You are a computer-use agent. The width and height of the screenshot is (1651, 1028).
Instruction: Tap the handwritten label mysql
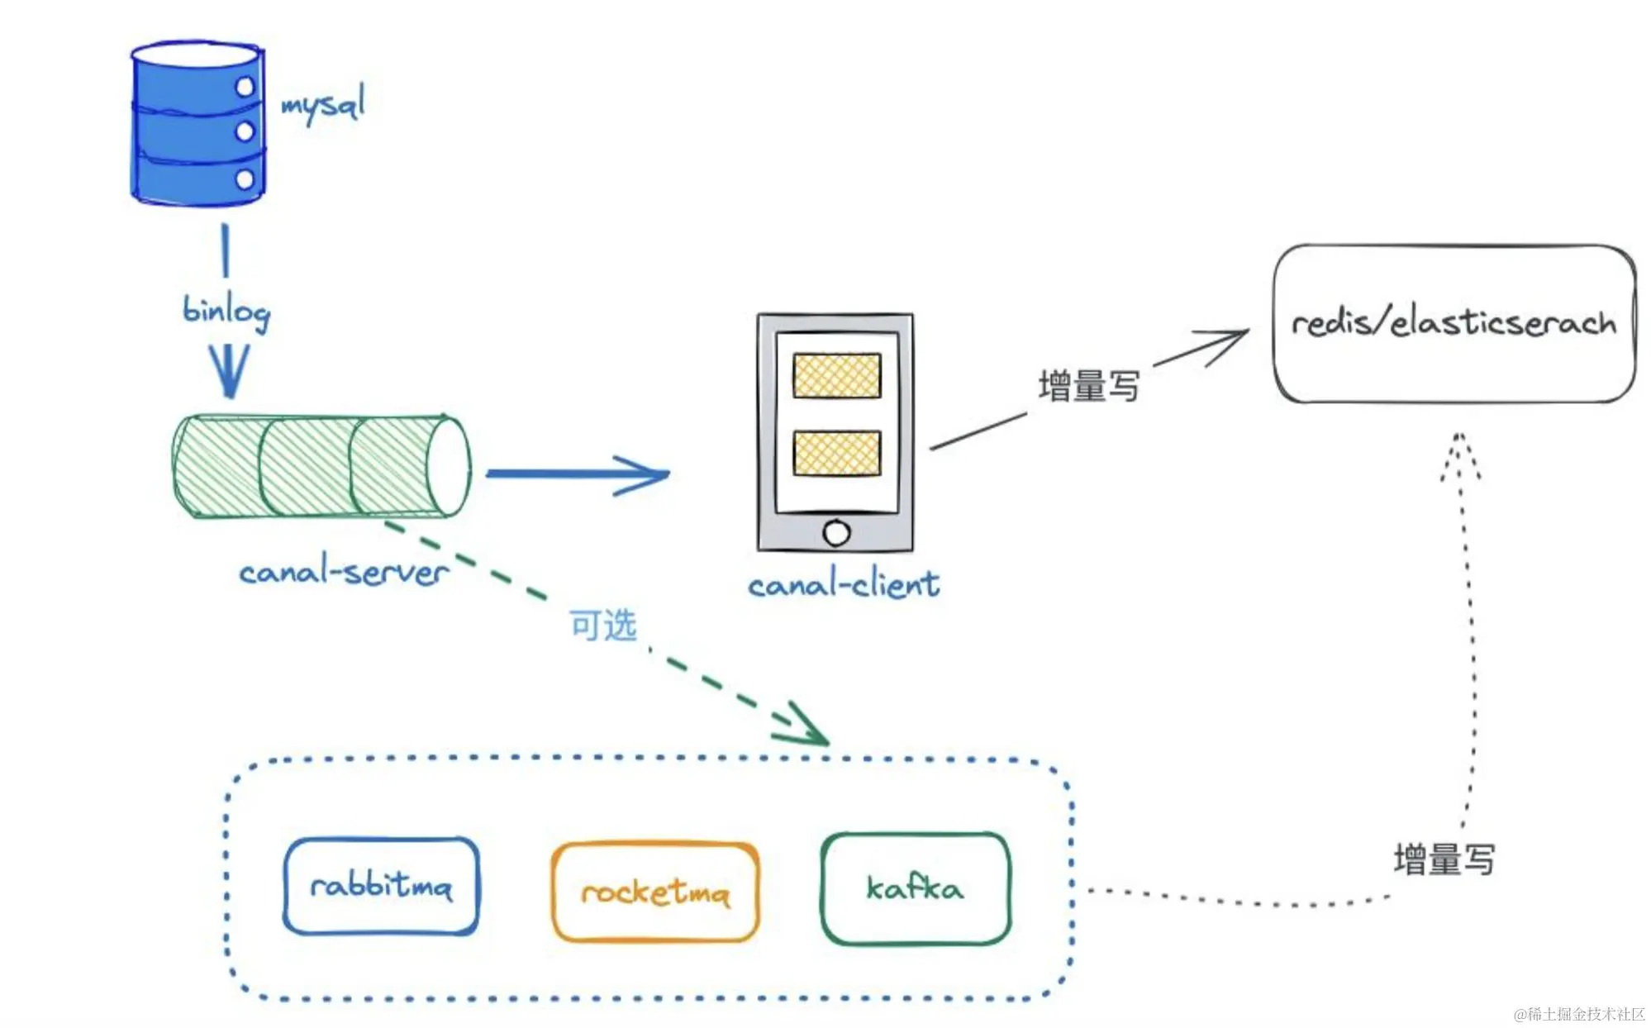(x=323, y=105)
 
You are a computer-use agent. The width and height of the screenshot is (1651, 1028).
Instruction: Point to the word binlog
(x=226, y=312)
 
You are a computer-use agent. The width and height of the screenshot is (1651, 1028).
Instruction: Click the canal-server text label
(x=344, y=572)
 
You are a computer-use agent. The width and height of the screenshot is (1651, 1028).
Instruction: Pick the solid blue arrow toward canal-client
(x=578, y=474)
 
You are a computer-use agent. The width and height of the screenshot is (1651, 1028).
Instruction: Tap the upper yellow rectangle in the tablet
(x=836, y=376)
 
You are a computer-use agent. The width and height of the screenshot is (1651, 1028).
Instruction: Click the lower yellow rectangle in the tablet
(x=836, y=453)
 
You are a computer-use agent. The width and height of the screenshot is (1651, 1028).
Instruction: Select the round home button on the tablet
(x=836, y=533)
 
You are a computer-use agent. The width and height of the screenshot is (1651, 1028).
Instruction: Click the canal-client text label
(x=844, y=585)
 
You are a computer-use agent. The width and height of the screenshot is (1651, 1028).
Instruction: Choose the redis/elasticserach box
(x=1454, y=323)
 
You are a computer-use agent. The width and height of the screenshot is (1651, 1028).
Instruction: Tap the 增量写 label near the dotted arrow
(x=1444, y=859)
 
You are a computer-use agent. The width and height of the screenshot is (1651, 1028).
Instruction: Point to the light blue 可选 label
(x=603, y=626)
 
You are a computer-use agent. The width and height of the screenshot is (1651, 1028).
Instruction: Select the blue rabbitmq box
(x=381, y=887)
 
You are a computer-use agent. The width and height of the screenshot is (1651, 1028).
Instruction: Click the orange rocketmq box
(x=655, y=892)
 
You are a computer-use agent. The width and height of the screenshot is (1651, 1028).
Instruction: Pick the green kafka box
(x=916, y=888)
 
